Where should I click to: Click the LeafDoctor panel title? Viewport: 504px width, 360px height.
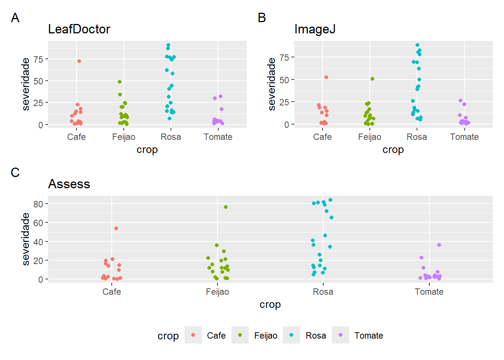[79, 29]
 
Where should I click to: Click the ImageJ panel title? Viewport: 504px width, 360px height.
[315, 29]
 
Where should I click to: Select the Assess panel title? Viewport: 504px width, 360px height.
[69, 184]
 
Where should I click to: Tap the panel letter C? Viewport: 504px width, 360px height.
[15, 172]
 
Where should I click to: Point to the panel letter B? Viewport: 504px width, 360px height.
[262, 18]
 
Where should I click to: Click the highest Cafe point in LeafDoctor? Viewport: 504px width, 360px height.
[79, 61]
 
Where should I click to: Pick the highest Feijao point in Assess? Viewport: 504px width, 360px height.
[226, 207]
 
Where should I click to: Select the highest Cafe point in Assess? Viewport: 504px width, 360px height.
[116, 228]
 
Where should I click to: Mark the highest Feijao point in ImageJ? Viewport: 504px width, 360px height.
[372, 79]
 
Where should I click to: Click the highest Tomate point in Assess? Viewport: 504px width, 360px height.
[439, 245]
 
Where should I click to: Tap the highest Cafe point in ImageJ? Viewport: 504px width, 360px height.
[326, 77]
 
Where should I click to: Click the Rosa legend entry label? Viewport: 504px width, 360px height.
[316, 336]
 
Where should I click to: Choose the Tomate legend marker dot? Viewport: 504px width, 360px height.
[340, 335]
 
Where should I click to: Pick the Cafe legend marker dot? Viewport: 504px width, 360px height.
[193, 335]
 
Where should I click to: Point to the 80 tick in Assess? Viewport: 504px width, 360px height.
[38, 204]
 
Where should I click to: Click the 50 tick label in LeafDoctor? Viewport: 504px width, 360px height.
[38, 81]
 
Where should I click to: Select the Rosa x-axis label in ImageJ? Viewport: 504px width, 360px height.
[417, 137]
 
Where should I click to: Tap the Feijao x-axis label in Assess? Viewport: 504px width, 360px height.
[217, 292]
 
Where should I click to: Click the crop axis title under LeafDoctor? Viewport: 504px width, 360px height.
[147, 150]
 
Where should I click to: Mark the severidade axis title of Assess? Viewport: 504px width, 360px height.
[25, 239]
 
